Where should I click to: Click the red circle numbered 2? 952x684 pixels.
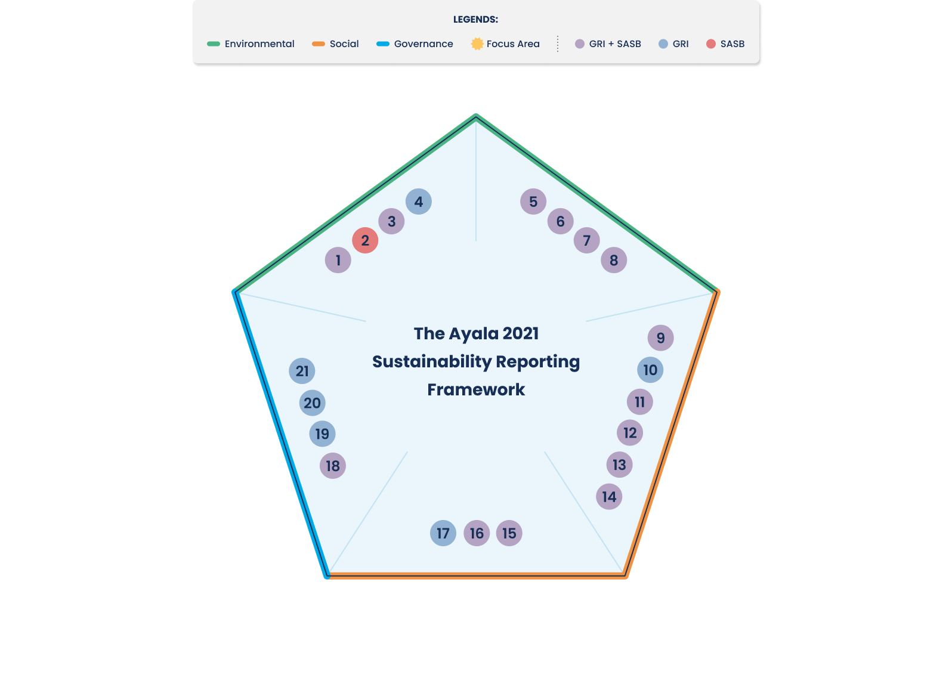click(365, 240)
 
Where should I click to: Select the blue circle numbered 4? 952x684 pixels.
click(419, 202)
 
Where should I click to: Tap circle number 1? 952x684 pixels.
click(338, 260)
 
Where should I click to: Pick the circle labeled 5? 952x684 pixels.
click(533, 202)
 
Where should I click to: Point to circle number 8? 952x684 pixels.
click(614, 260)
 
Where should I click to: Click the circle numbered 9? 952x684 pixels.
click(661, 338)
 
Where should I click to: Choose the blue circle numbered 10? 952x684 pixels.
click(650, 370)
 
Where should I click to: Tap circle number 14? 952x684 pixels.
click(609, 497)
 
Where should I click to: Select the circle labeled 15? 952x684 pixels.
click(509, 533)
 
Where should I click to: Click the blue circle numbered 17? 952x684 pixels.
click(443, 533)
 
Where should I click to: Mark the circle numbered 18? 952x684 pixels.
click(333, 466)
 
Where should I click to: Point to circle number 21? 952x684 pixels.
click(302, 371)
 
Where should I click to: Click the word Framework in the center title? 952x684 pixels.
click(476, 389)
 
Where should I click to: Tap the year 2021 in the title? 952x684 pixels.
click(521, 333)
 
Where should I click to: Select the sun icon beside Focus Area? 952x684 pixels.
click(477, 44)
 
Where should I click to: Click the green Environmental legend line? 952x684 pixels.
click(214, 44)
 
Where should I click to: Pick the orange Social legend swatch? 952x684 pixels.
click(319, 44)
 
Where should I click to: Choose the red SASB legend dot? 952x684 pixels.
click(711, 44)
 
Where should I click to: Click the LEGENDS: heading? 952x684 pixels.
click(475, 19)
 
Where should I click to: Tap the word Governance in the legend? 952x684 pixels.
click(424, 44)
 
